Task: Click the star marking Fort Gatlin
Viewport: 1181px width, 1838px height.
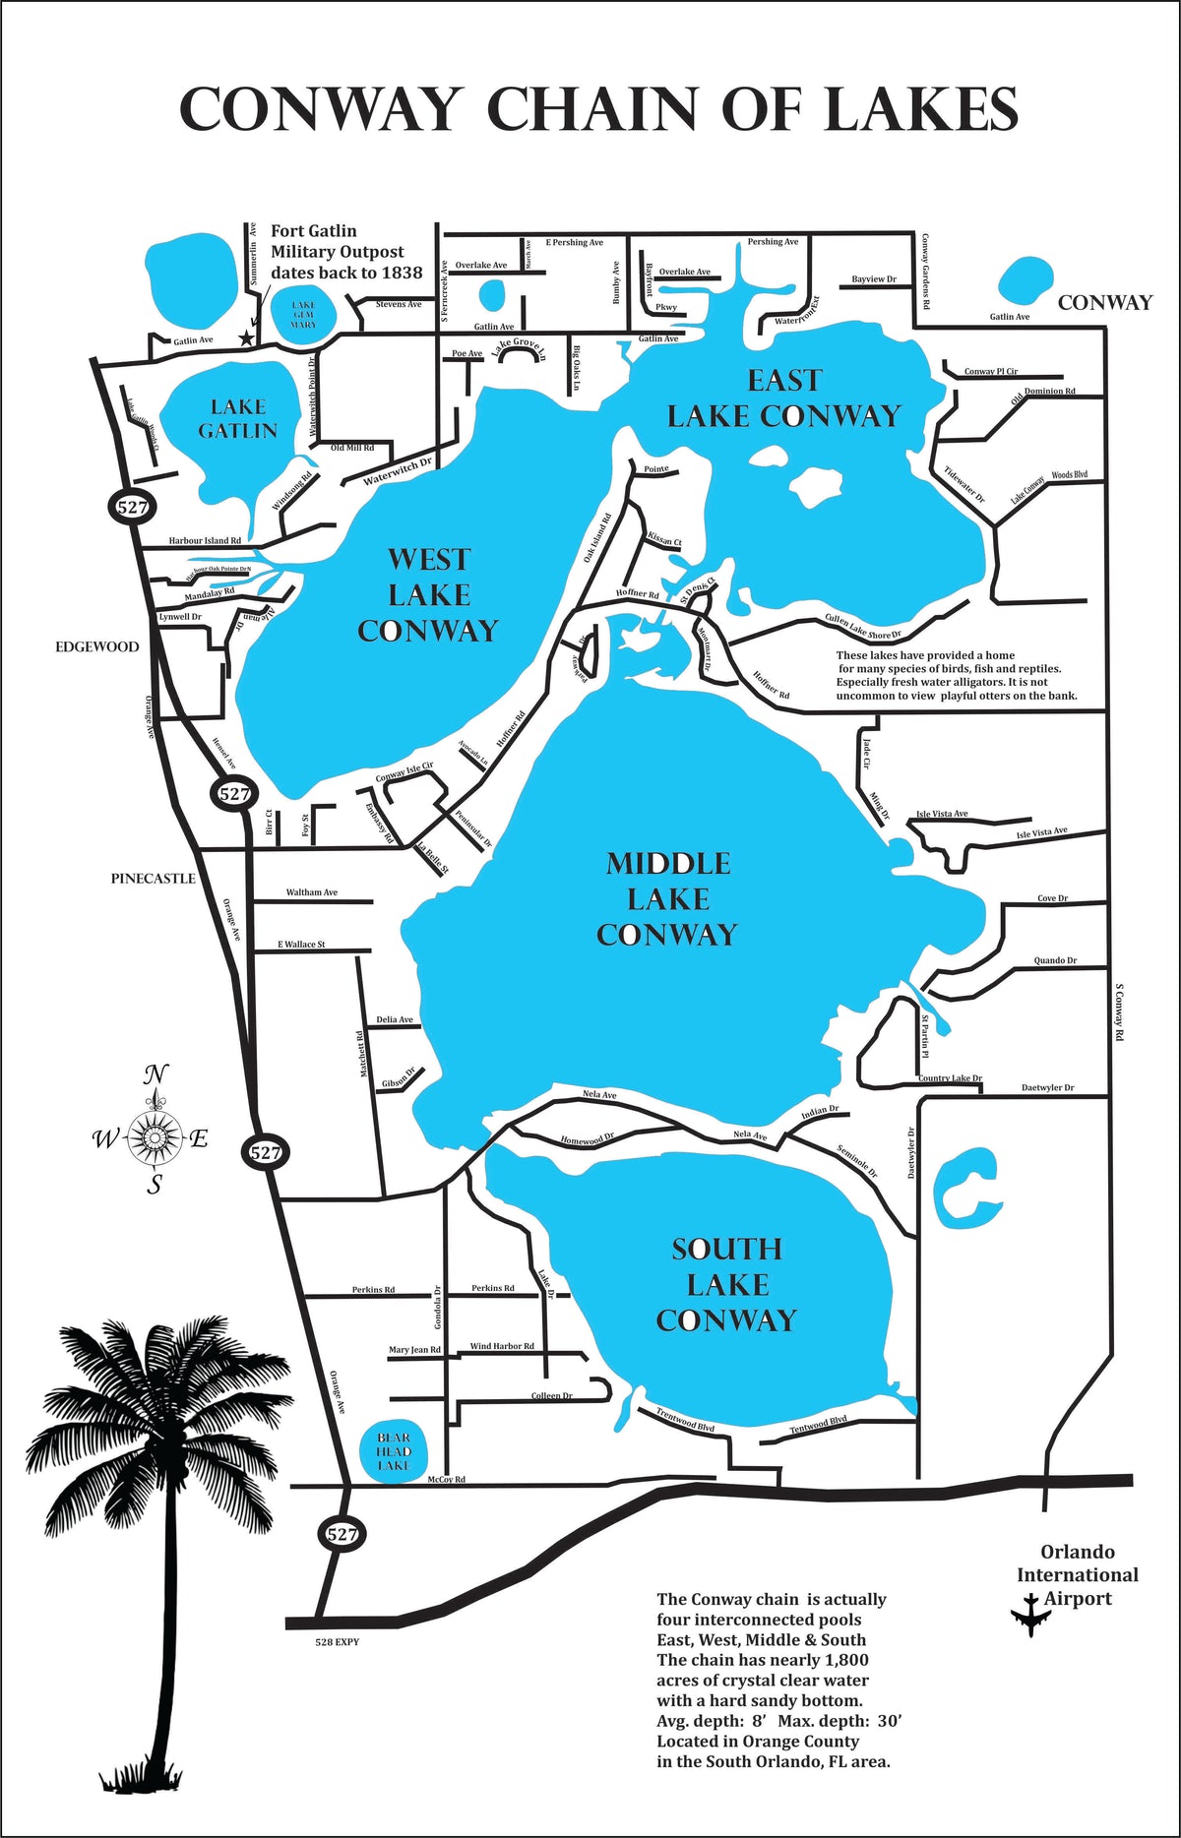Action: [246, 337]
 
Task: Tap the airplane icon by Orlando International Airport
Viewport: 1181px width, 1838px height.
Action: [1030, 1614]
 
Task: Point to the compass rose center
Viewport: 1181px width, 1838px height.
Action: [155, 1137]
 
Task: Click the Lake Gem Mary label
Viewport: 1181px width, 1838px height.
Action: [303, 315]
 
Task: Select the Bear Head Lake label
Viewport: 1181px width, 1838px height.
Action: [393, 1451]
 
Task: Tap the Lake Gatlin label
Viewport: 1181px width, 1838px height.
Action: [237, 418]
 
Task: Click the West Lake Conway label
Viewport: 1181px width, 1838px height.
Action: [428, 594]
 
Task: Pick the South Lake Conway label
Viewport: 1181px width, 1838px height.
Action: [726, 1284]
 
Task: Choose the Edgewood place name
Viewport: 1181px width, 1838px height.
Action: [96, 646]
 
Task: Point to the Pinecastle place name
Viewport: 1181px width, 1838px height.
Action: [153, 878]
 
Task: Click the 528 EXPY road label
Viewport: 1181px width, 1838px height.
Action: [337, 1642]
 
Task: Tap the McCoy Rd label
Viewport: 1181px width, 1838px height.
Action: [446, 1480]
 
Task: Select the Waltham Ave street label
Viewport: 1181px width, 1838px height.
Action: [311, 892]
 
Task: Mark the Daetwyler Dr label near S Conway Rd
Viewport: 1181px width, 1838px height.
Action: [1047, 1087]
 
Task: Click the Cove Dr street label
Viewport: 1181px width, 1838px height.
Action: [1052, 898]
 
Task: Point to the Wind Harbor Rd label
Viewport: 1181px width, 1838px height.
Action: [502, 1346]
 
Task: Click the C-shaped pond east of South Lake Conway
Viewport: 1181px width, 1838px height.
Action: [960, 1188]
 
